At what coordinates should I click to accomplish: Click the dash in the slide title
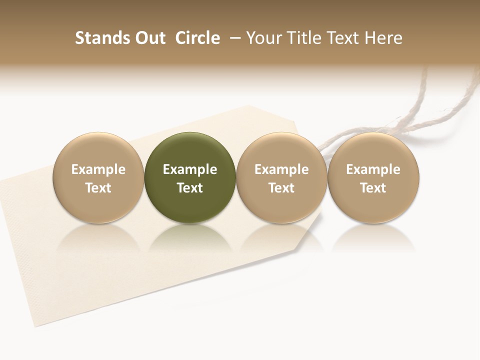point(234,38)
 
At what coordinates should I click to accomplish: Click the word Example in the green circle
point(190,169)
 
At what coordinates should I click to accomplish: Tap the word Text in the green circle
point(190,188)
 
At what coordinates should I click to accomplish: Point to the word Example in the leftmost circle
point(98,169)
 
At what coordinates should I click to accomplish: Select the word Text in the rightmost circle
point(373,188)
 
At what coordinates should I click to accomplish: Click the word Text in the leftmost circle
point(98,188)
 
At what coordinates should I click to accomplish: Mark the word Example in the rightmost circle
point(373,169)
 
